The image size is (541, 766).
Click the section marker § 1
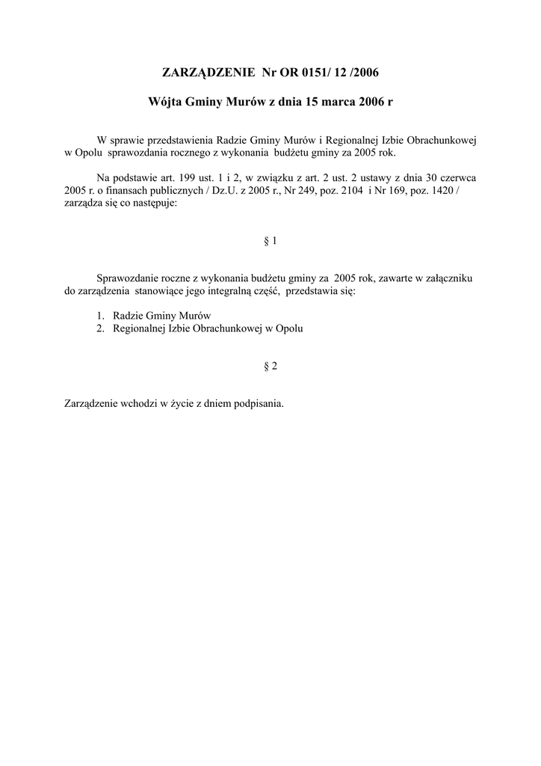click(270, 241)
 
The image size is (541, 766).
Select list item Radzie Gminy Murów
click(162, 315)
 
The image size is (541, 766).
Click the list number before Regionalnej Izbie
click(100, 328)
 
